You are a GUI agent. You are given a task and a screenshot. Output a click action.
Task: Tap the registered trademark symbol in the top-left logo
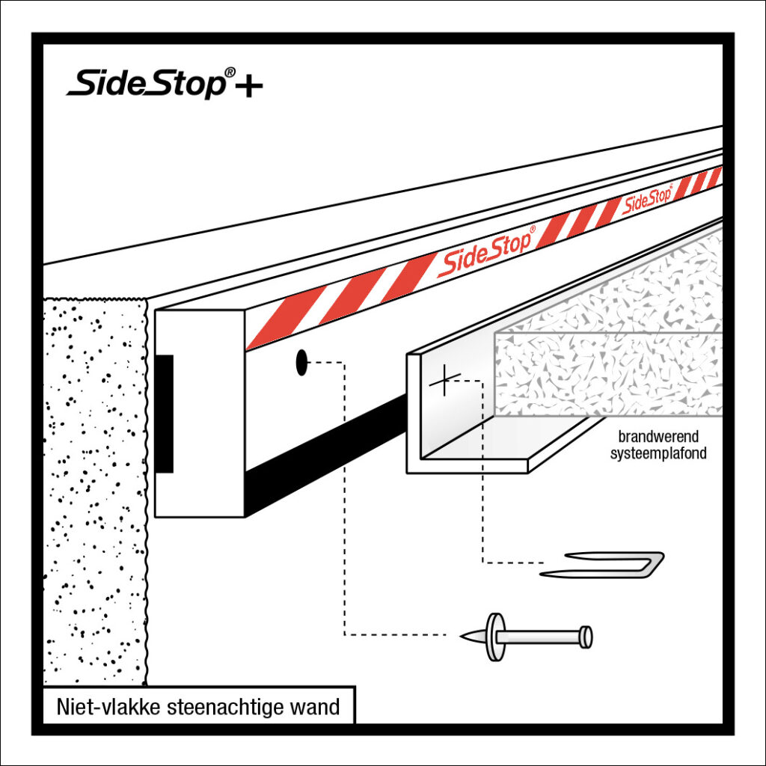coord(230,73)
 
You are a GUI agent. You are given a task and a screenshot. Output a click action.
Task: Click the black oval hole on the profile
coord(301,363)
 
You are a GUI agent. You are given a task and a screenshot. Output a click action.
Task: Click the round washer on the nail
coord(494,637)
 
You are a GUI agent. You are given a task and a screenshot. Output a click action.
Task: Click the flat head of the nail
coord(586,637)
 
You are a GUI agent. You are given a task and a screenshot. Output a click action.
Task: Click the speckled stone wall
coord(94,486)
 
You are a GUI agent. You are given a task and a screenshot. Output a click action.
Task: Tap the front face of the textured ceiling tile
coord(606,374)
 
